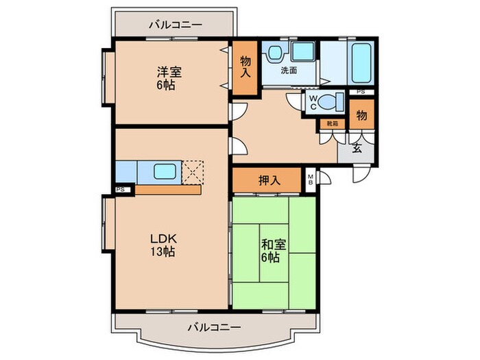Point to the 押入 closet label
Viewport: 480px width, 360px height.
(x=268, y=181)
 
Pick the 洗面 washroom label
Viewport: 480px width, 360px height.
(x=288, y=70)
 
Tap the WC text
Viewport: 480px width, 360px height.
(x=313, y=102)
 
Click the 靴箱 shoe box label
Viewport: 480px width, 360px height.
(x=332, y=123)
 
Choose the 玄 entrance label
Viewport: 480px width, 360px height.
(x=357, y=147)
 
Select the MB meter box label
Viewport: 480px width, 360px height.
(x=310, y=180)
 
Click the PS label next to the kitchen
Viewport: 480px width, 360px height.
(x=121, y=190)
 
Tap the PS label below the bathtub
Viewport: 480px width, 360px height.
(x=361, y=92)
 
